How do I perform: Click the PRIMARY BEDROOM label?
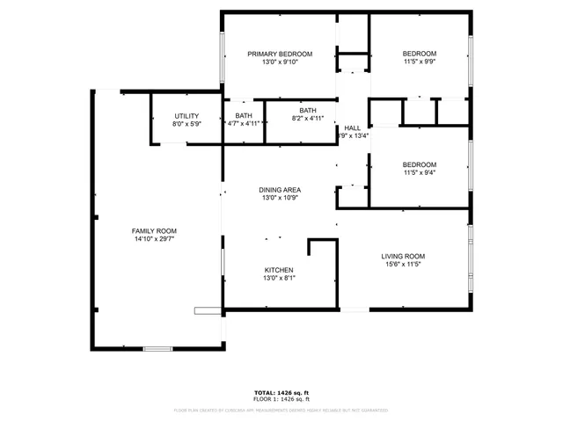coord(280,54)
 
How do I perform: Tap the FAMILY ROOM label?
coord(155,230)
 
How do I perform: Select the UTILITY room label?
coord(186,116)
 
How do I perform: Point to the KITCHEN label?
coord(279,270)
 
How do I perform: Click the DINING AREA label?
coord(280,190)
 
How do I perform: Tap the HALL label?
coord(352,127)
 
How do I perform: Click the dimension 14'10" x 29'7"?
coord(155,238)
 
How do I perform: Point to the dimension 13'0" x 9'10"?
coord(280,62)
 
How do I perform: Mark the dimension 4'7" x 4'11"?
coord(243,123)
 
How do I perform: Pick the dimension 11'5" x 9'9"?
coord(419,62)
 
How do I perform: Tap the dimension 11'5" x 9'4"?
coord(419,172)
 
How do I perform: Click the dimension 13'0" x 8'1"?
coord(279,278)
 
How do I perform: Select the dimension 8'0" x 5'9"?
coord(186,124)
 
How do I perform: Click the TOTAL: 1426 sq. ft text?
coord(281,392)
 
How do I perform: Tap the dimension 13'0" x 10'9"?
coord(280,198)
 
